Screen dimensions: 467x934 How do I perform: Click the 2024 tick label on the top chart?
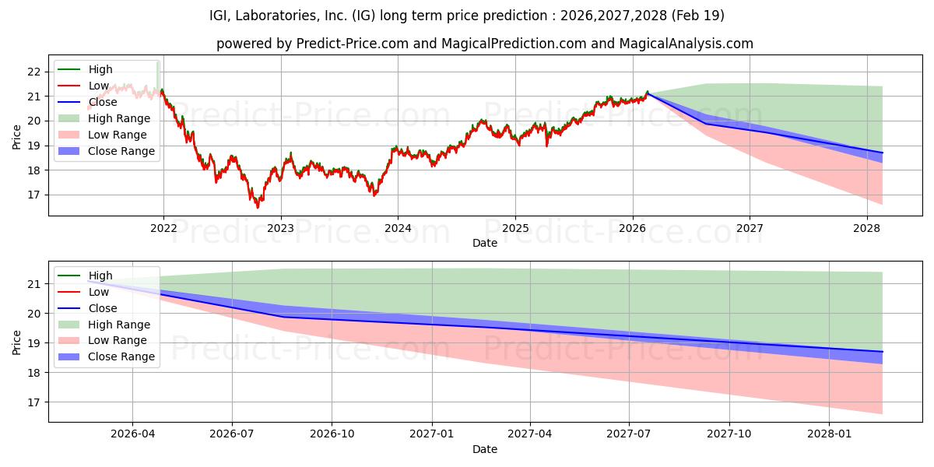[398, 229]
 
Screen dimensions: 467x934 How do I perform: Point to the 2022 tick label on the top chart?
[163, 229]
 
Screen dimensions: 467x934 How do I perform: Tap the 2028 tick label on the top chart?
[866, 229]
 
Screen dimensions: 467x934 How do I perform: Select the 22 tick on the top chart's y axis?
[33, 72]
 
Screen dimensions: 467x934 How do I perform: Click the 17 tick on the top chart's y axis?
[33, 195]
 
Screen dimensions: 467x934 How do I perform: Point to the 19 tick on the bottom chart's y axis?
[33, 343]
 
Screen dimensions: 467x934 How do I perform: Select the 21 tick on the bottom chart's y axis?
[33, 284]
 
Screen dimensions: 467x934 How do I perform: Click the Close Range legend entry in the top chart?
[121, 151]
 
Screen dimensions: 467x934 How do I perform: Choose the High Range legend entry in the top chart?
[119, 118]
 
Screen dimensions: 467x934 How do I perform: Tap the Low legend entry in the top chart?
[99, 86]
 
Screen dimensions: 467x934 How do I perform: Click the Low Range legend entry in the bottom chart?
[118, 341]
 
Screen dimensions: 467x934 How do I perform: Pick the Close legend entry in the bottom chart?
[103, 308]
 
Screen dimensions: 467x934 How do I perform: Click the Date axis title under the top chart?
[485, 243]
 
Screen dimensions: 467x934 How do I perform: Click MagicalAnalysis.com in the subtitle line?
[686, 44]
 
